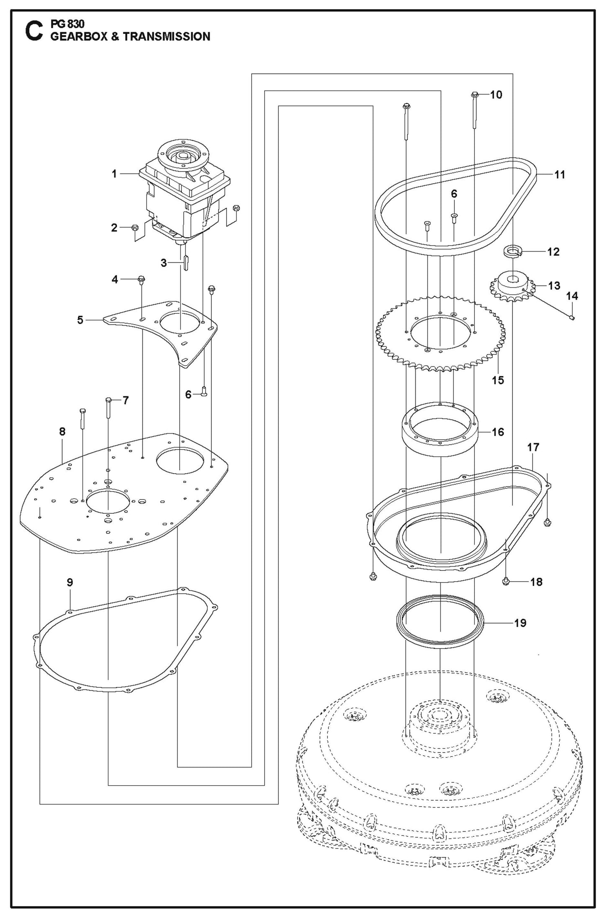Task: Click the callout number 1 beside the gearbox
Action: [114, 174]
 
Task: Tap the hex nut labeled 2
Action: [135, 228]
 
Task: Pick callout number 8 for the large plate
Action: [62, 431]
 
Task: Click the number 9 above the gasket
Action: [70, 582]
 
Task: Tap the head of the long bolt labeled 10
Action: [474, 95]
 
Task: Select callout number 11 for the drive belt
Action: [559, 175]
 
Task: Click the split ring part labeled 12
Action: [511, 252]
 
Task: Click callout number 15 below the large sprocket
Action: [498, 380]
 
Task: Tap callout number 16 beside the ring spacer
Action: [498, 432]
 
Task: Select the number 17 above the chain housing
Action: [533, 447]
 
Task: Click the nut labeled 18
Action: [506, 581]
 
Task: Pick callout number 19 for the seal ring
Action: [520, 635]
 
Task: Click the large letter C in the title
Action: [33, 33]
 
